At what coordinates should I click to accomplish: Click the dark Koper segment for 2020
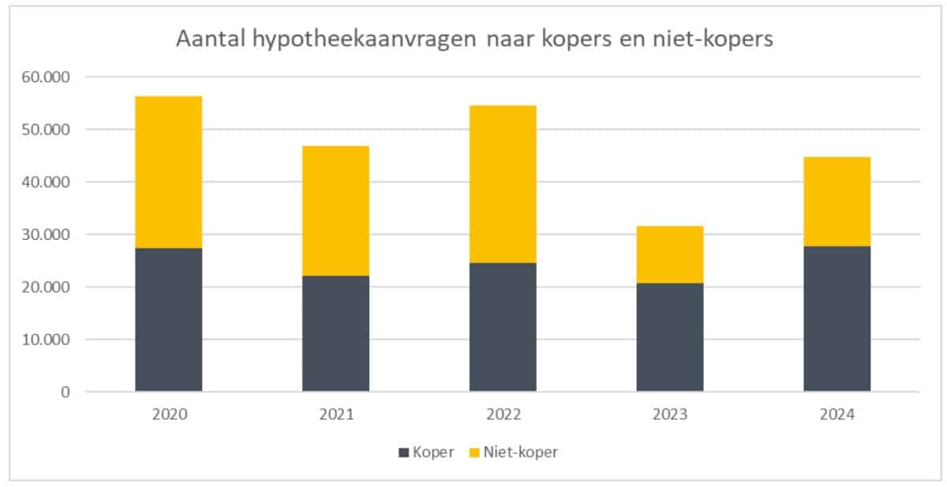point(168,320)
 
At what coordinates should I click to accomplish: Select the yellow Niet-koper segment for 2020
point(168,172)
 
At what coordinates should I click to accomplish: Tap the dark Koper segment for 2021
point(335,333)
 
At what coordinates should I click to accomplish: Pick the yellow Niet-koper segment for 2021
point(335,211)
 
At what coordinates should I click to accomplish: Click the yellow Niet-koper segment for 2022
point(503,184)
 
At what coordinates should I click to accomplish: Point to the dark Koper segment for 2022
point(503,327)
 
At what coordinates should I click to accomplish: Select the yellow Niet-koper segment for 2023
point(670,254)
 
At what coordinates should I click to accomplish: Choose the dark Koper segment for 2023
point(670,337)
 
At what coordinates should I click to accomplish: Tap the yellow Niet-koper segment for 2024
point(837,201)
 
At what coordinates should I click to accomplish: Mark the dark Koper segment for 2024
point(837,319)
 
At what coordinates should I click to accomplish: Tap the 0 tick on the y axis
point(65,391)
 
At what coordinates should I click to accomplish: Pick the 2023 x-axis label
point(670,414)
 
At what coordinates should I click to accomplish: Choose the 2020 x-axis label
point(168,414)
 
